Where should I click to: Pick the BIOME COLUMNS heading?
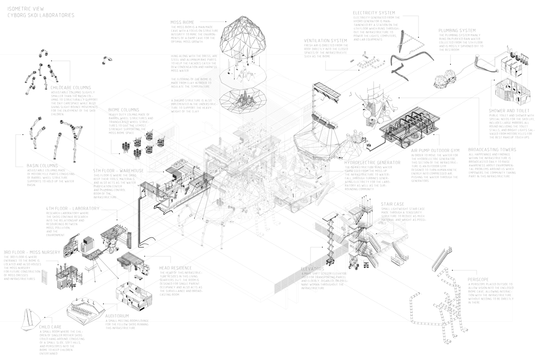tap(123, 109)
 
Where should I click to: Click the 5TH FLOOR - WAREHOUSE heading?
tap(118, 171)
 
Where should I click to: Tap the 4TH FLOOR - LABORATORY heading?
tap(72, 208)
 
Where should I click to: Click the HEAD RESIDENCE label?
tap(177, 267)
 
